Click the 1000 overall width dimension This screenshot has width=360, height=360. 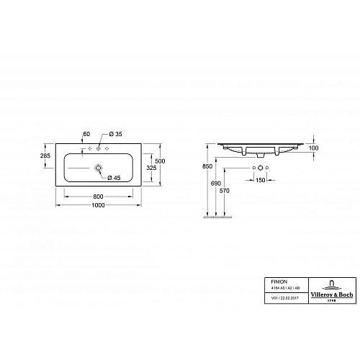point(99,206)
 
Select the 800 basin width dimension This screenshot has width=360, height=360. point(99,197)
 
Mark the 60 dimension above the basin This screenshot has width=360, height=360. point(86,135)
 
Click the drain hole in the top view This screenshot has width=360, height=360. point(98,167)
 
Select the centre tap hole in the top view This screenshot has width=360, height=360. point(99,149)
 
